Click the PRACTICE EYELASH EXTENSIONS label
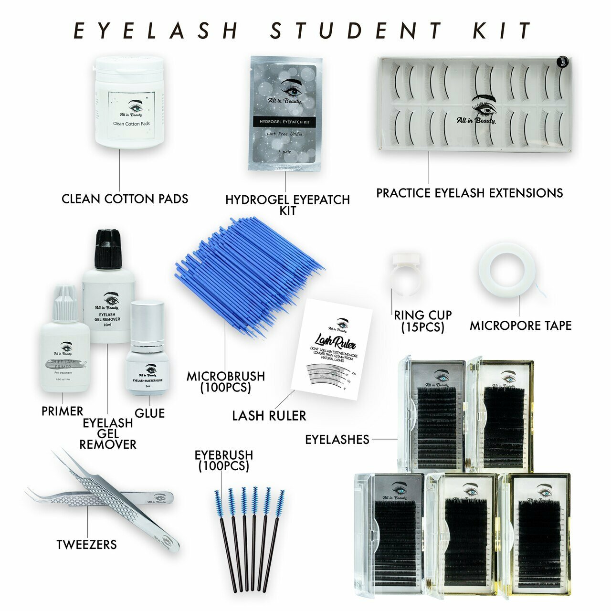(469, 193)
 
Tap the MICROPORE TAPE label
(520, 326)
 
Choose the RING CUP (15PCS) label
(422, 321)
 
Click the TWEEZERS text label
(86, 545)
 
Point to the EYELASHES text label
(337, 440)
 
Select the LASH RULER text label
(269, 416)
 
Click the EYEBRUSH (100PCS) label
(223, 461)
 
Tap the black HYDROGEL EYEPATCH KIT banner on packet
(284, 122)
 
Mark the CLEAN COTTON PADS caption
(125, 199)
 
